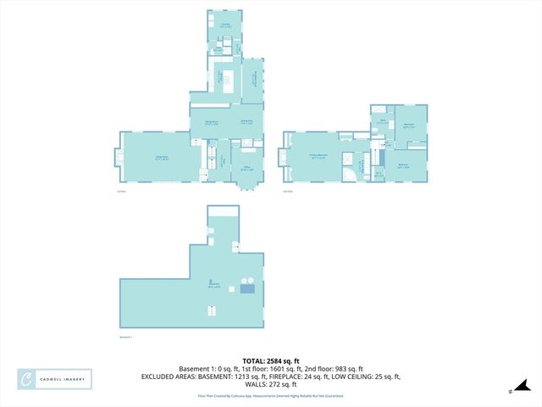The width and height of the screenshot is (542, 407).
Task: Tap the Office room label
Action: pyautogui.click(x=247, y=170)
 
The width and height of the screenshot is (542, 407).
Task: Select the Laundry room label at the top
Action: pyautogui.click(x=226, y=25)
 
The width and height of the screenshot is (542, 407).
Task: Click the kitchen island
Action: pyautogui.click(x=227, y=81)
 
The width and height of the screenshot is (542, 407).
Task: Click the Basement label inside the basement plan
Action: pyautogui.click(x=214, y=286)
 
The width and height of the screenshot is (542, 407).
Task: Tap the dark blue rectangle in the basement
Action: pyautogui.click(x=247, y=289)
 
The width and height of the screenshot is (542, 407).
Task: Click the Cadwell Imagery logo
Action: pyautogui.click(x=55, y=379)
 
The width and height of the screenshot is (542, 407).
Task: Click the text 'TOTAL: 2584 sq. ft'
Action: pyautogui.click(x=271, y=360)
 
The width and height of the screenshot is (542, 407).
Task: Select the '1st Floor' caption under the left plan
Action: pyautogui.click(x=121, y=192)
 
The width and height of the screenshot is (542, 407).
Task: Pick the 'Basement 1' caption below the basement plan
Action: pyautogui.click(x=126, y=337)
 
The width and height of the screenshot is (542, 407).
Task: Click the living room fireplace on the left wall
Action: pyautogui.click(x=119, y=158)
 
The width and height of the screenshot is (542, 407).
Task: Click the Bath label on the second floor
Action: pyautogui.click(x=383, y=122)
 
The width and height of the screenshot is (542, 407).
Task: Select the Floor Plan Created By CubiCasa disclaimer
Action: pyautogui.click(x=271, y=396)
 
